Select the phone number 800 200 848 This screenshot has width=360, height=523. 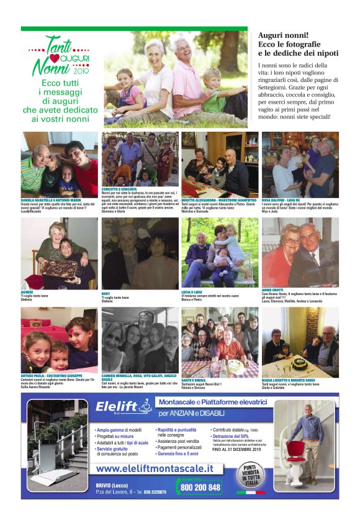click(x=200, y=488)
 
